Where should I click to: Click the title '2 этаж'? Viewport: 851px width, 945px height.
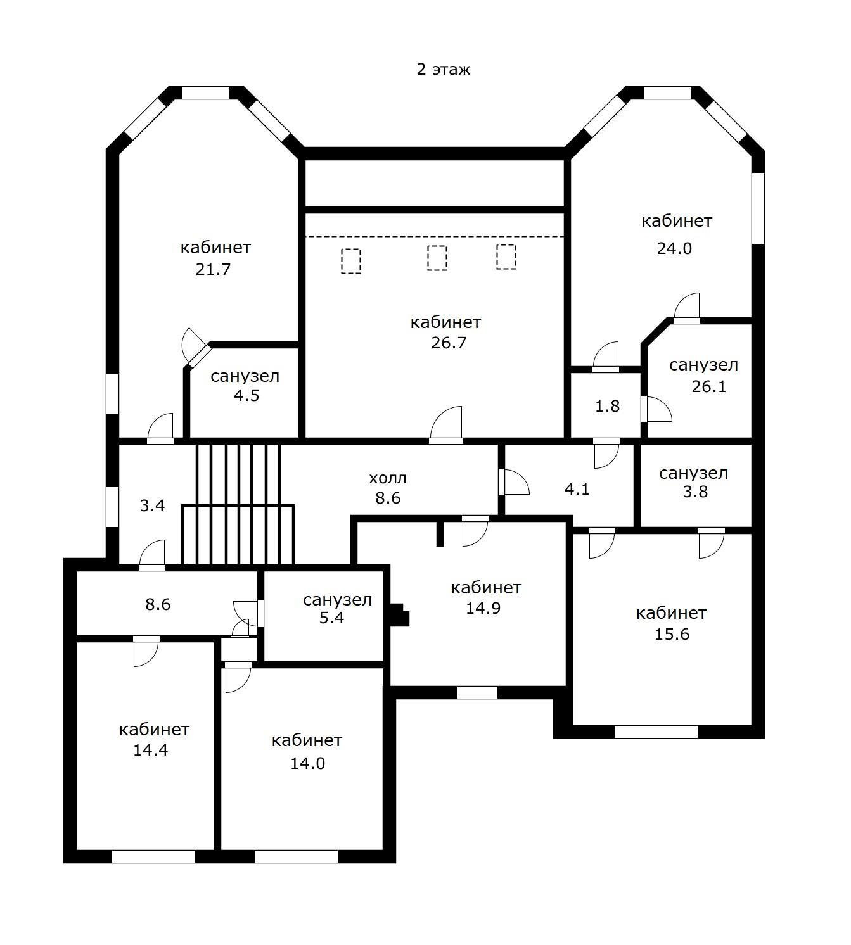tap(443, 69)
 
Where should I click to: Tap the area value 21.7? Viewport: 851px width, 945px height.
tap(213, 269)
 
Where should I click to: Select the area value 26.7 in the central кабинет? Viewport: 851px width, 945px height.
tap(449, 343)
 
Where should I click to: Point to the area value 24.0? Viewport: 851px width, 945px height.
tap(674, 248)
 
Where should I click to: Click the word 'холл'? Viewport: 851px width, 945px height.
tap(388, 478)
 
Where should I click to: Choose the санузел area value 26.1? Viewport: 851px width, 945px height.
tap(708, 386)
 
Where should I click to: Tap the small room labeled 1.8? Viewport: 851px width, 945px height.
tap(607, 406)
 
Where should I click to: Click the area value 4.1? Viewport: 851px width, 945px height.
tap(577, 489)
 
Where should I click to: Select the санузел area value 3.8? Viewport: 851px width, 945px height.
tap(694, 492)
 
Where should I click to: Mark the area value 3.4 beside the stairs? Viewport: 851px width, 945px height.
tap(152, 505)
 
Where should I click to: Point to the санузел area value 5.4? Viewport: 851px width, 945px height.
tap(331, 618)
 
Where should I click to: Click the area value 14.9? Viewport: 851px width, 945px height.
tap(483, 608)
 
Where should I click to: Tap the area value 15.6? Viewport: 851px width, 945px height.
tap(672, 634)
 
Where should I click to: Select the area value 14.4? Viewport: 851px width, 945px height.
tap(150, 751)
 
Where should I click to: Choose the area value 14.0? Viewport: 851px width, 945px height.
tap(307, 763)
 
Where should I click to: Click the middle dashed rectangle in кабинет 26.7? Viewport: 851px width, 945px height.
tap(437, 258)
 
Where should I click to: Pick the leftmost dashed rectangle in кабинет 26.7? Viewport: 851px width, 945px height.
tap(351, 261)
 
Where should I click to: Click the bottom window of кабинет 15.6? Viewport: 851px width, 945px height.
tap(656, 732)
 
